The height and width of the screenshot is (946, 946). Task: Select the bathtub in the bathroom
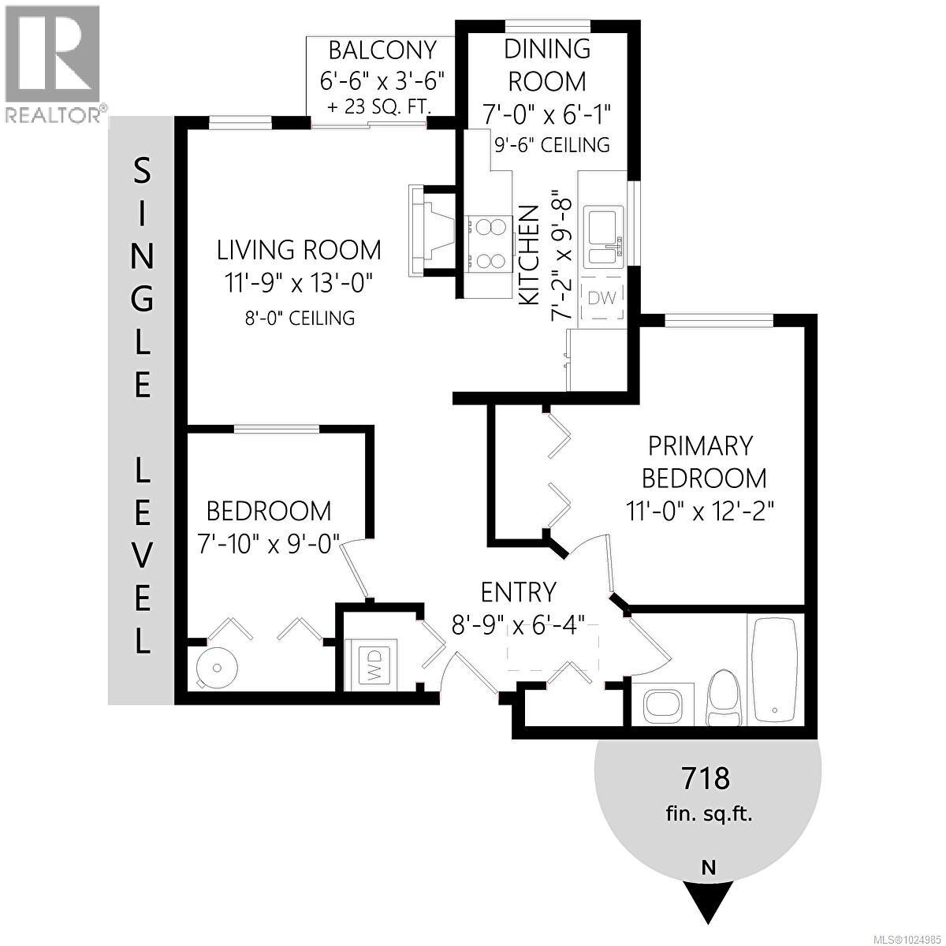point(773,669)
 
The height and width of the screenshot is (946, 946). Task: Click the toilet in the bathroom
point(724,697)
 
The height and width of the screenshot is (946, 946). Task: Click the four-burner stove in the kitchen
point(487,244)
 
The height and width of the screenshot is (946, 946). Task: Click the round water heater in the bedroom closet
point(218,668)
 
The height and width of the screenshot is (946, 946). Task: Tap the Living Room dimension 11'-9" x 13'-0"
point(299,281)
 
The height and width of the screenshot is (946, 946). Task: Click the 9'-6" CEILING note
point(546,144)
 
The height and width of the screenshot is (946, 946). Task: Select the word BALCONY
point(382,50)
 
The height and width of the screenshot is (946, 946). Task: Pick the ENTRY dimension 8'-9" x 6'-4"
point(518,626)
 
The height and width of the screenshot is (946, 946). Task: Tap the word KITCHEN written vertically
point(528,254)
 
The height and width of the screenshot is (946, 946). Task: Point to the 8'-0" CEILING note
point(299,318)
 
